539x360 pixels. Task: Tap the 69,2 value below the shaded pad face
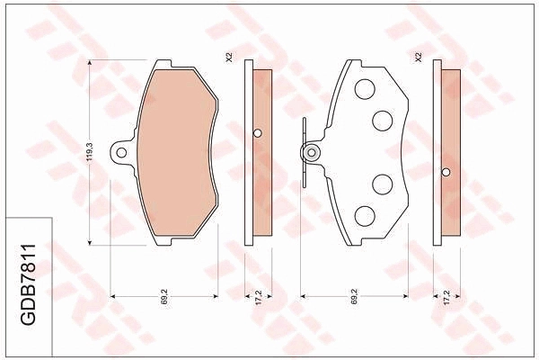tap(164, 296)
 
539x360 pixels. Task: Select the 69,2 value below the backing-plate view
tap(355, 296)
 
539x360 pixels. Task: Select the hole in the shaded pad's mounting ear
tap(121, 152)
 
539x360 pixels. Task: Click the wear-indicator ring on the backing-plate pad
tap(312, 152)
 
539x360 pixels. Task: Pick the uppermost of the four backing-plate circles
tap(365, 89)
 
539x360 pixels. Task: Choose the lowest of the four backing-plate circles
tap(365, 216)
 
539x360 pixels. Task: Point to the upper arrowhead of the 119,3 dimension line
tap(90, 63)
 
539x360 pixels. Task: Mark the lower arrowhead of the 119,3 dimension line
tap(90, 242)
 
